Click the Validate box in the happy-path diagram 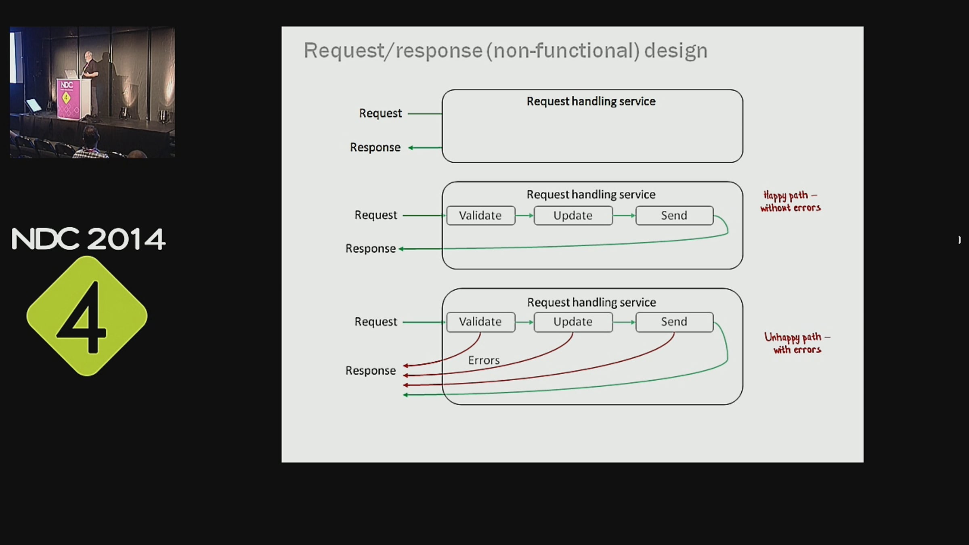[x=480, y=216]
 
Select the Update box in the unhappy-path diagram [x=573, y=322]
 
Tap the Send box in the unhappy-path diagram [x=674, y=322]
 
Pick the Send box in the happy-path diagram [x=674, y=216]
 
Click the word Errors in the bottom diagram [x=484, y=360]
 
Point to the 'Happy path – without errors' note [x=790, y=201]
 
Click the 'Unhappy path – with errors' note [x=797, y=343]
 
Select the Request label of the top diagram [x=380, y=113]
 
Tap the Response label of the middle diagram [x=370, y=249]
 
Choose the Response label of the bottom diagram [x=370, y=371]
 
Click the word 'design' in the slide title [x=675, y=51]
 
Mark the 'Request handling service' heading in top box [x=591, y=101]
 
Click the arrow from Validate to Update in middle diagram [x=524, y=216]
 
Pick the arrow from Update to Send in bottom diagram [x=624, y=322]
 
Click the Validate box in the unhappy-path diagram [x=480, y=322]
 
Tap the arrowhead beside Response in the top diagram [x=411, y=148]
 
